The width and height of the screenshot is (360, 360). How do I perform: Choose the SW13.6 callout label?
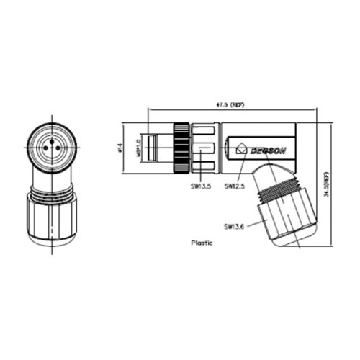click(234, 226)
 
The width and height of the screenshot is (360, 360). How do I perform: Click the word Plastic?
click(202, 243)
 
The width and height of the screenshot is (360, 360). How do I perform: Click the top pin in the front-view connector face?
click(52, 141)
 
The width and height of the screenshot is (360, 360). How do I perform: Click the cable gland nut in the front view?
click(52, 220)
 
